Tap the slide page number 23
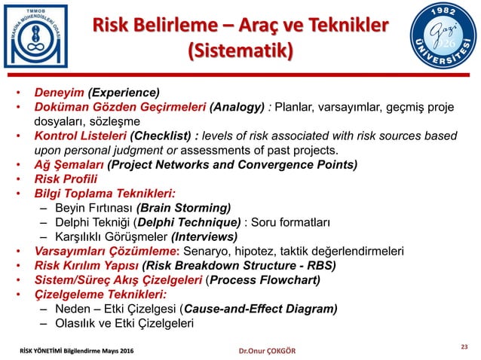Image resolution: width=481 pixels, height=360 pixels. click(x=464, y=346)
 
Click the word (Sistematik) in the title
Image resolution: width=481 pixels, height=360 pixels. click(x=240, y=52)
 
